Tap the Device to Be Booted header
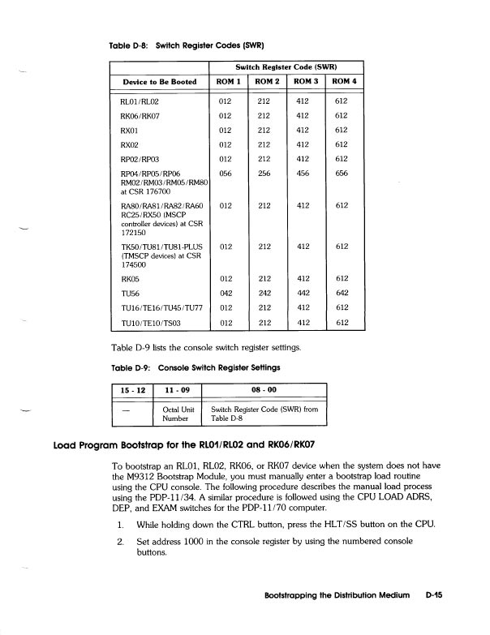point(160,82)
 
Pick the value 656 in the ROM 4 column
point(343,173)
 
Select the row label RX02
point(131,143)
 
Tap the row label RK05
point(131,278)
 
